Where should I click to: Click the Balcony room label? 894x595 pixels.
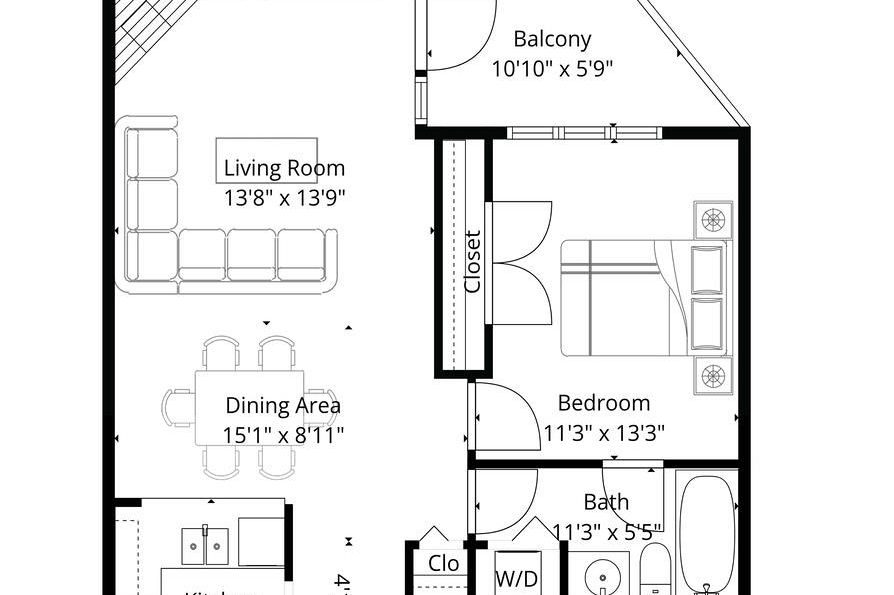(x=552, y=39)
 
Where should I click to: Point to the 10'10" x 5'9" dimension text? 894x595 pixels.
(x=552, y=69)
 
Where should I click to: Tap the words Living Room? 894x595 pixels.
(x=284, y=168)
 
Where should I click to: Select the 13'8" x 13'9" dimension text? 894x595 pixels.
(x=284, y=198)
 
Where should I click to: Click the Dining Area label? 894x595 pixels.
(x=283, y=406)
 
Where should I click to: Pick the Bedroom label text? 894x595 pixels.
(x=603, y=403)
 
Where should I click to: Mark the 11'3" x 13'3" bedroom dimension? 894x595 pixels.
(x=604, y=433)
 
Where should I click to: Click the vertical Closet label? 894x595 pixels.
(x=473, y=262)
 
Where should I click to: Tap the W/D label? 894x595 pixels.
(x=518, y=578)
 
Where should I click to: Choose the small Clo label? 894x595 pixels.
(x=443, y=564)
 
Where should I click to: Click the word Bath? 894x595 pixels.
(x=606, y=502)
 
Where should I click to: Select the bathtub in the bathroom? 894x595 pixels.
(x=708, y=535)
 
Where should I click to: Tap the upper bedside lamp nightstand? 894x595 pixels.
(x=712, y=219)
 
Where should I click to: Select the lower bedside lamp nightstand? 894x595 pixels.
(x=712, y=375)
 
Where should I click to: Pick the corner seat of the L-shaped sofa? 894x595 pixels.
(x=153, y=256)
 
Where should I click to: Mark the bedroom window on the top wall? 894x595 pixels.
(x=584, y=132)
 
